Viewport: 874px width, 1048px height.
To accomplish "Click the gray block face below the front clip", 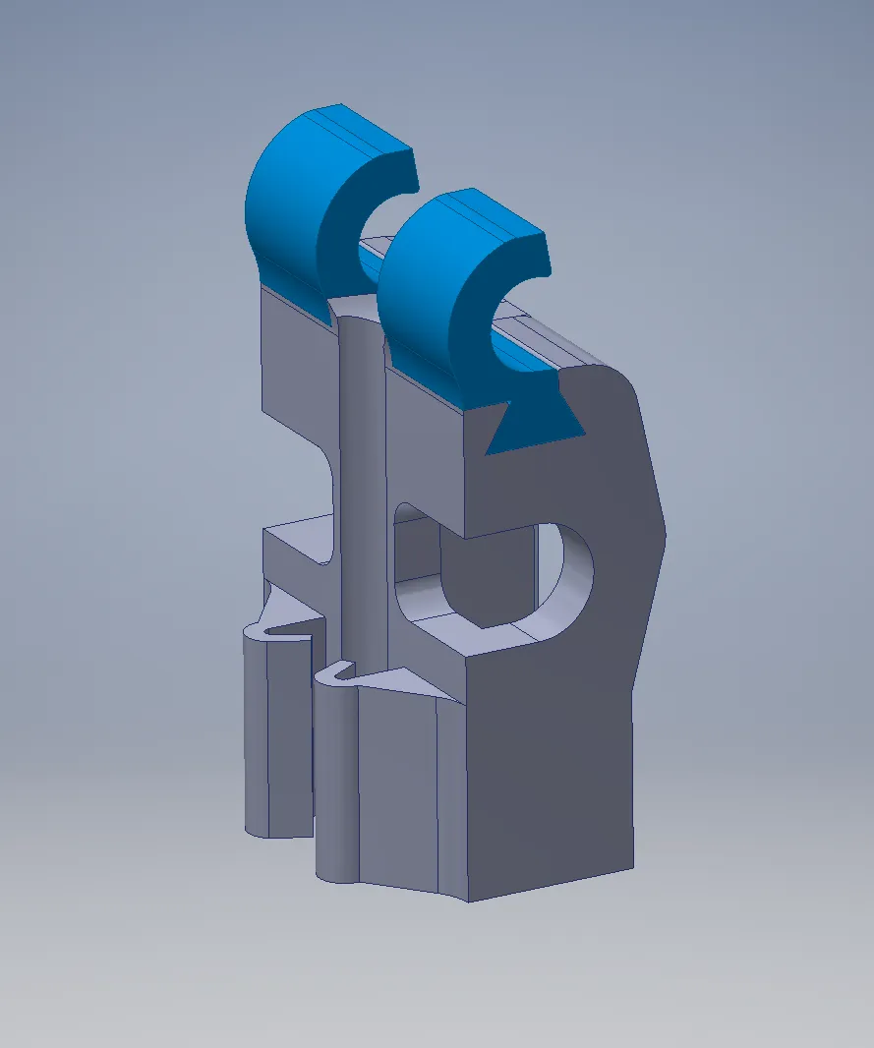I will pyautogui.click(x=423, y=452).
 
